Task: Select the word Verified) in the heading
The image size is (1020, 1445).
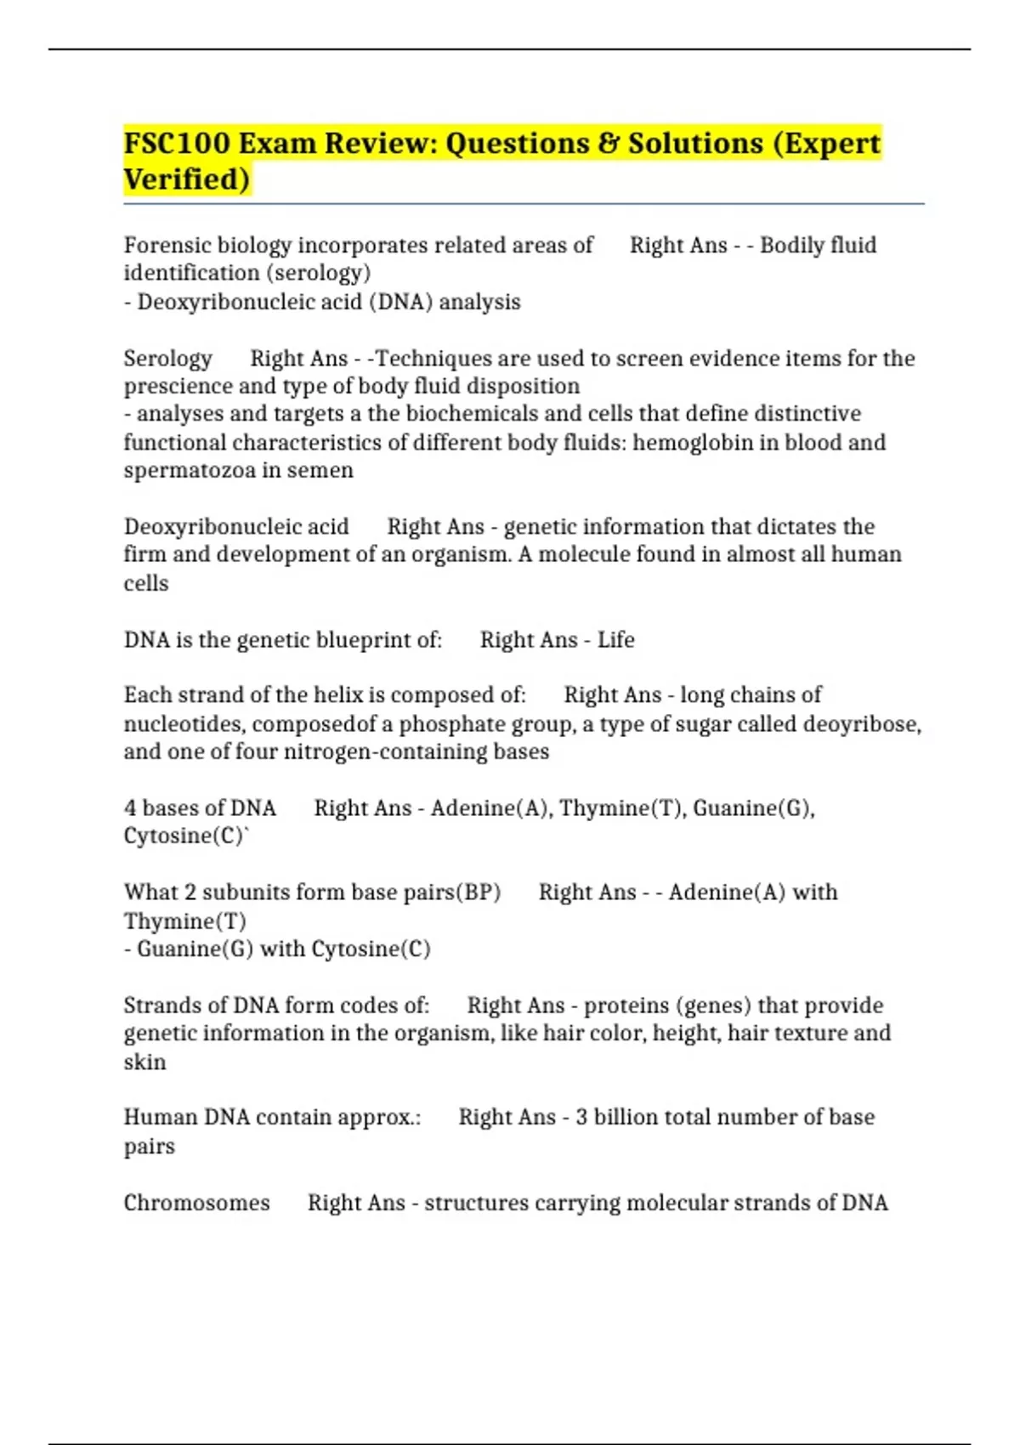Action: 187,179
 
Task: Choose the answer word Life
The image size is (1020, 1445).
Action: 615,639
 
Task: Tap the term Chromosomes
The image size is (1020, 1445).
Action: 196,1203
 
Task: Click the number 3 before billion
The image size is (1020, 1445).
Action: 581,1117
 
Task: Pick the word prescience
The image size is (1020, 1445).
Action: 178,386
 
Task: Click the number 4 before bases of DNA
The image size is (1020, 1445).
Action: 130,807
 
